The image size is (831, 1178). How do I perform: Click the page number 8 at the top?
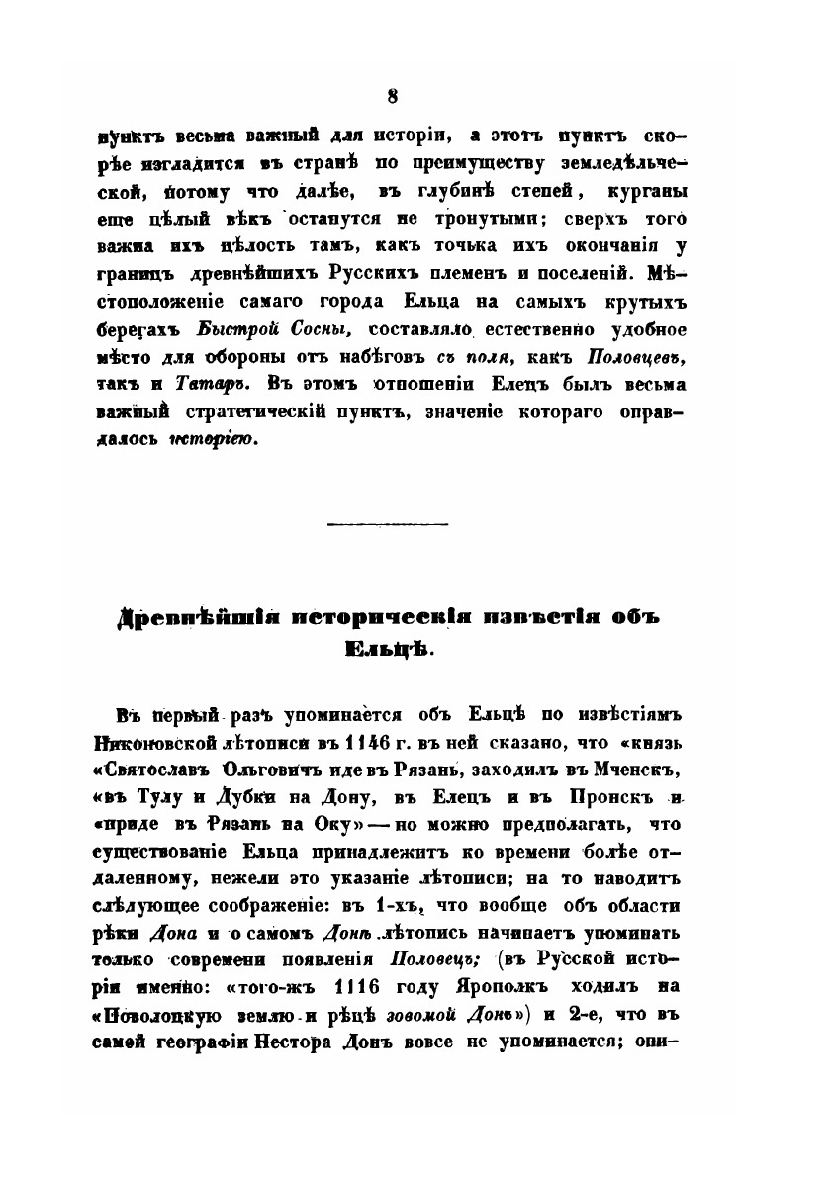tap(393, 96)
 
